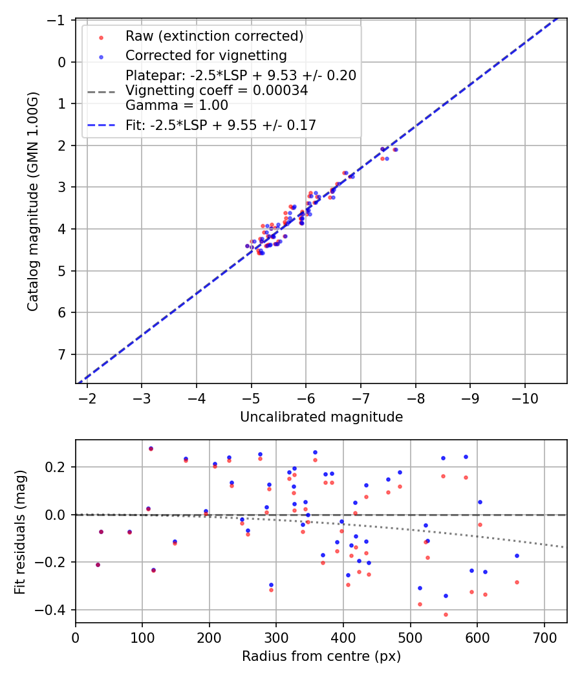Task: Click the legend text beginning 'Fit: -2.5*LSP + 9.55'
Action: [x=221, y=125]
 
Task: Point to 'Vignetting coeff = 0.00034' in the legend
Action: [x=217, y=91]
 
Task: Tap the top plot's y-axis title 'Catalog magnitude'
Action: [x=33, y=201]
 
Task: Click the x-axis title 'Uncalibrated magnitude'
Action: [x=321, y=417]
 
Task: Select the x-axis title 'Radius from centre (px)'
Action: [x=321, y=656]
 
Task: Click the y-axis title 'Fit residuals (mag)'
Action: [x=20, y=531]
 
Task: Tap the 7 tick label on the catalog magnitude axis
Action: [x=63, y=354]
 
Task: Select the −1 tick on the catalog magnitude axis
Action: [x=58, y=21]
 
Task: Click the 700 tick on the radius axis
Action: [x=544, y=637]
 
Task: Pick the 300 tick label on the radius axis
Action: [x=276, y=637]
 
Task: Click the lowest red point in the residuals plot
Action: [x=446, y=614]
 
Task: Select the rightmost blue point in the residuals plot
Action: [x=517, y=555]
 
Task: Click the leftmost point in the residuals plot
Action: [x=98, y=565]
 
